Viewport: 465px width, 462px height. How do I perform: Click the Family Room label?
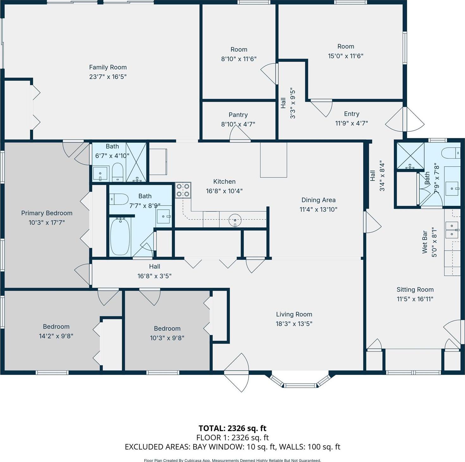click(108, 67)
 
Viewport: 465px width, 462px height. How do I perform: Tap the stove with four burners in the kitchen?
click(183, 190)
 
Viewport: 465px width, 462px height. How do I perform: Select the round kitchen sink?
click(235, 220)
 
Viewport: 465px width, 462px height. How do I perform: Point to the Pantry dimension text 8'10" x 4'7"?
click(238, 124)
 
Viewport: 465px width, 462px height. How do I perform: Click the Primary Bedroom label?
click(46, 213)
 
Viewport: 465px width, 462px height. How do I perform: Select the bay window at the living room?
click(300, 381)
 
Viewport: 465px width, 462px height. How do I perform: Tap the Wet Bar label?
click(425, 242)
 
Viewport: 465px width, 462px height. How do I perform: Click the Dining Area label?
click(318, 200)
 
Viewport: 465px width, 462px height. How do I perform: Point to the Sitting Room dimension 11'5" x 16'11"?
click(415, 299)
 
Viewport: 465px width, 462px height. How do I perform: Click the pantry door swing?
click(240, 134)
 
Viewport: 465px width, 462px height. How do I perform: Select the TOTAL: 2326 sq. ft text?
click(232, 428)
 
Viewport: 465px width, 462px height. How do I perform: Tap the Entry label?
click(351, 114)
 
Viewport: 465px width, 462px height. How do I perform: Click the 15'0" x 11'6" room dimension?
click(345, 56)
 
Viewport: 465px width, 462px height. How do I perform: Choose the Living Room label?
click(294, 314)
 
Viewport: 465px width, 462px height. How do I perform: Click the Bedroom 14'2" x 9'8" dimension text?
click(56, 336)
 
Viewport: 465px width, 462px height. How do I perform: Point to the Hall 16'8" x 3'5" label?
click(154, 267)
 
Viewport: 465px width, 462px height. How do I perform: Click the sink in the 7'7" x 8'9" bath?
click(164, 216)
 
